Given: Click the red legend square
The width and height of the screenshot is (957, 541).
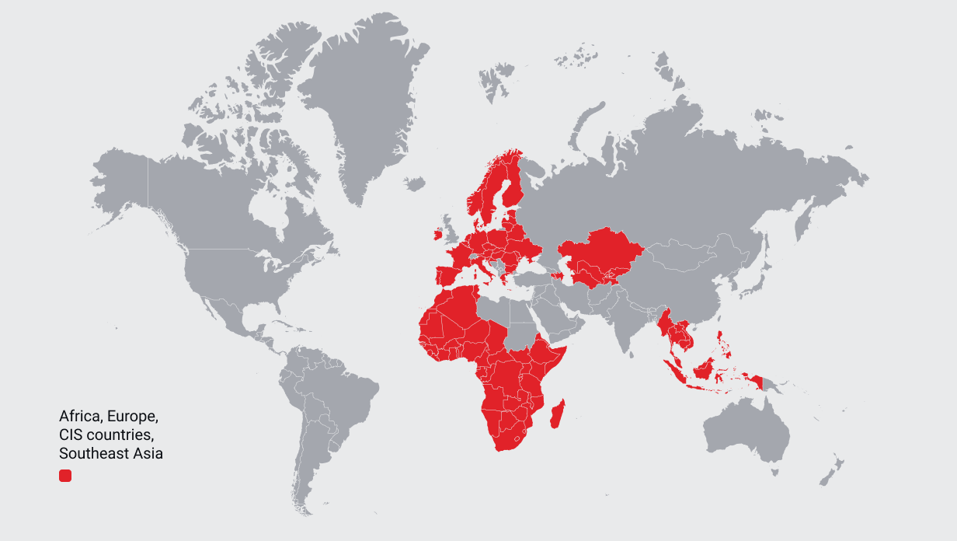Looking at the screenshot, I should (x=65, y=475).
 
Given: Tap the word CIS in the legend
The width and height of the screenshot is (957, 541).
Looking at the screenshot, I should (x=71, y=434).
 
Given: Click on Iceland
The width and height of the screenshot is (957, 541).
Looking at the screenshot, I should (x=415, y=183).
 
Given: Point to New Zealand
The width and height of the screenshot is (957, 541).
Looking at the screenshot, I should (x=832, y=471).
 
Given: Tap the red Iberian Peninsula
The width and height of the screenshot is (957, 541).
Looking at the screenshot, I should (x=446, y=277).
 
